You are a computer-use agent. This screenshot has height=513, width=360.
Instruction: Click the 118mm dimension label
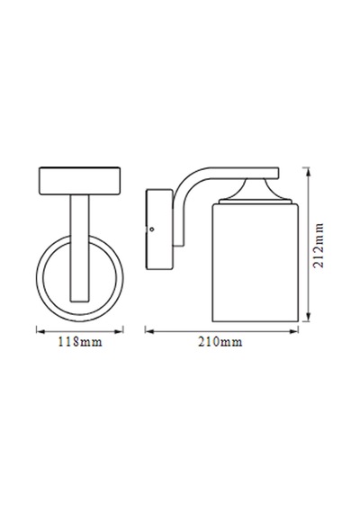pos(80,342)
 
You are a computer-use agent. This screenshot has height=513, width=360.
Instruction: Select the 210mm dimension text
pos(220,342)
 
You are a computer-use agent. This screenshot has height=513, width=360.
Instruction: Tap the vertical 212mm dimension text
pos(318,246)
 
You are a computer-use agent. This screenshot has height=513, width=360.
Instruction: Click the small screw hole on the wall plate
pos(151,229)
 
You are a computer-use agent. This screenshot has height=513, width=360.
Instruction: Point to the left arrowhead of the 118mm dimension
pos(40,331)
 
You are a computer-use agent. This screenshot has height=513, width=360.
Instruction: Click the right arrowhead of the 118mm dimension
pos(120,331)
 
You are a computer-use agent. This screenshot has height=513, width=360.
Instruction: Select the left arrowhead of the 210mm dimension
pos(149,331)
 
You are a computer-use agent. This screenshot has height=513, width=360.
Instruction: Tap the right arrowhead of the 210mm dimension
pos(294,331)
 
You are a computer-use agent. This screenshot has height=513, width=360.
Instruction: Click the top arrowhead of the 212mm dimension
pos(307,171)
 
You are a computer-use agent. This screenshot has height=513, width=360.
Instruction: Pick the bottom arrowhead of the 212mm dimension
pos(307,318)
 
